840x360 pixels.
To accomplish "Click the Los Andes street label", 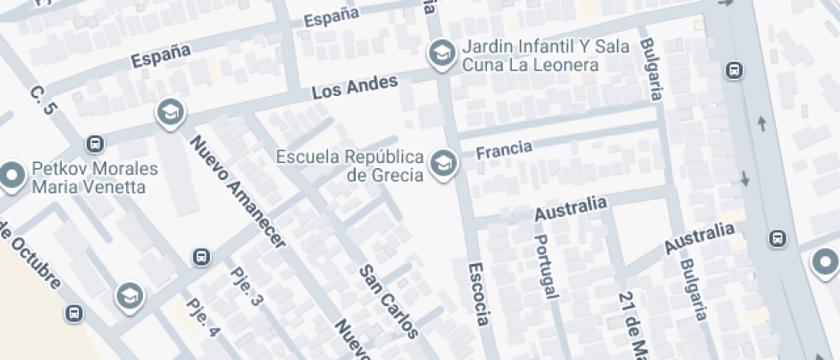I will coord(355,87).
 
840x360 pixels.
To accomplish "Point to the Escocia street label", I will coord(478,294).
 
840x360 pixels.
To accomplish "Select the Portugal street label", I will coord(545,267).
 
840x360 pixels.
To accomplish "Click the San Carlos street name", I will coord(388,300).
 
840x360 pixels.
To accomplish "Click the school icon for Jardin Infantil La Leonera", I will coord(441,53).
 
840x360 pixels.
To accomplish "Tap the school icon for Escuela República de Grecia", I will coord(443,163).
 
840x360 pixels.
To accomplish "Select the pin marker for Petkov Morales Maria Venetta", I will coord(12,176).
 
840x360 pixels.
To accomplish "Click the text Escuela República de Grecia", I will coord(351,166).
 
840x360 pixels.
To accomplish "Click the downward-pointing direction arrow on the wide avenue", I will coord(744,179).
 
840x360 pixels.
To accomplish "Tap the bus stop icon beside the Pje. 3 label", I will coord(201,256).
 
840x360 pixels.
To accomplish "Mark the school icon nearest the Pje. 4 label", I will coord(129,296).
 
